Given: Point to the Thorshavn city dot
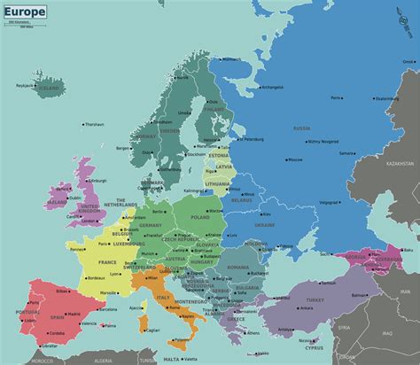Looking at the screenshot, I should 84,124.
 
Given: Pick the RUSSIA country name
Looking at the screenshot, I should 328,128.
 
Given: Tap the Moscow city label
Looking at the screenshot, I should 295,159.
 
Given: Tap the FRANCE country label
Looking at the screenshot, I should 107,262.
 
